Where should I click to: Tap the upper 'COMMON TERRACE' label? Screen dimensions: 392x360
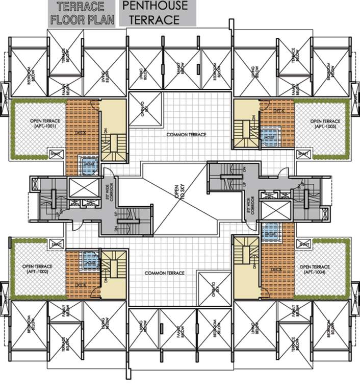[186, 134]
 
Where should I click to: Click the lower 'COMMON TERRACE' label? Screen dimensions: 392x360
[164, 273]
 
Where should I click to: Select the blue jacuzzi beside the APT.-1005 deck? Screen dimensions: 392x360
[267, 135]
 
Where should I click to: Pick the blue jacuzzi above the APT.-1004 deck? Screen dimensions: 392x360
[269, 232]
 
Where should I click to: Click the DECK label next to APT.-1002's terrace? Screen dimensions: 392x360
[79, 285]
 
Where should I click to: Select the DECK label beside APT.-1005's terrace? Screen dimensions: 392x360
[278, 110]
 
